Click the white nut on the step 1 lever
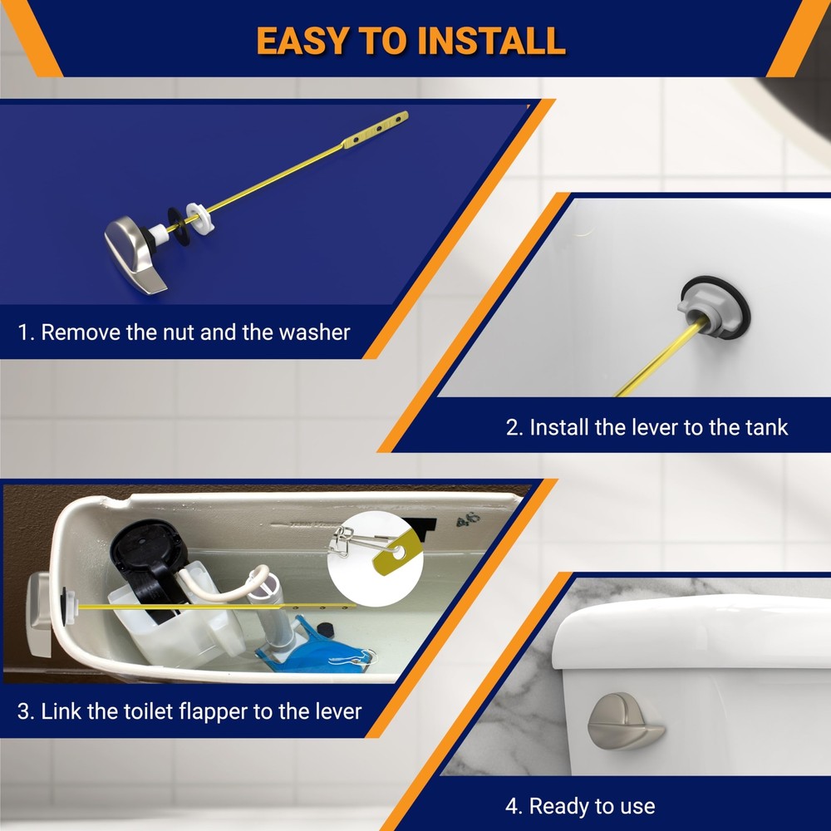(198, 219)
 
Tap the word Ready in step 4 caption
(558, 806)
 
